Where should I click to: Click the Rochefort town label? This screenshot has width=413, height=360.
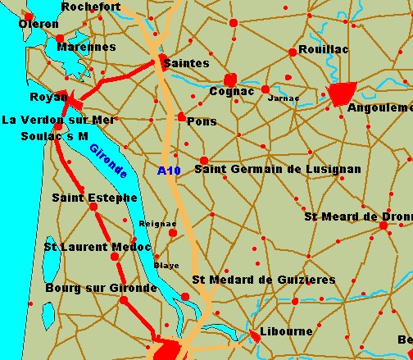[x=91, y=7]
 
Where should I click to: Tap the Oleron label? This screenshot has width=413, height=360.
[x=39, y=24]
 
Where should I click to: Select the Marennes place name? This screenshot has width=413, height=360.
[x=86, y=47]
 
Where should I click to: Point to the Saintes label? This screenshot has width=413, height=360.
[x=186, y=63]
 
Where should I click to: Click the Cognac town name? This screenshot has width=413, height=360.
[x=232, y=92]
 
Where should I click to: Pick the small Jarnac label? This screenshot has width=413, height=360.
[x=284, y=98]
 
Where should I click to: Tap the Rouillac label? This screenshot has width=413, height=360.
[x=323, y=50]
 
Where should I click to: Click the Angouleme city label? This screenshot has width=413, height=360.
[x=380, y=107]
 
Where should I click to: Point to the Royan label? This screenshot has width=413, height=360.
[x=48, y=98]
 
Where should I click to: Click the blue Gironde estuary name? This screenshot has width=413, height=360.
[x=108, y=162]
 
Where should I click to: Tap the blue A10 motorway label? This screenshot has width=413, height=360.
[x=168, y=171]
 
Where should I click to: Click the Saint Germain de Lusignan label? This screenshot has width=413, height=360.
[x=277, y=169]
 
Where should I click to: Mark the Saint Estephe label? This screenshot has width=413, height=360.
[x=88, y=198]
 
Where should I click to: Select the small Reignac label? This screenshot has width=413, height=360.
[x=157, y=223]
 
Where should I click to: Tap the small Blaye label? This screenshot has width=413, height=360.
[x=166, y=266]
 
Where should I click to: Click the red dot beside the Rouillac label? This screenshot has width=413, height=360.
[x=293, y=52]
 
